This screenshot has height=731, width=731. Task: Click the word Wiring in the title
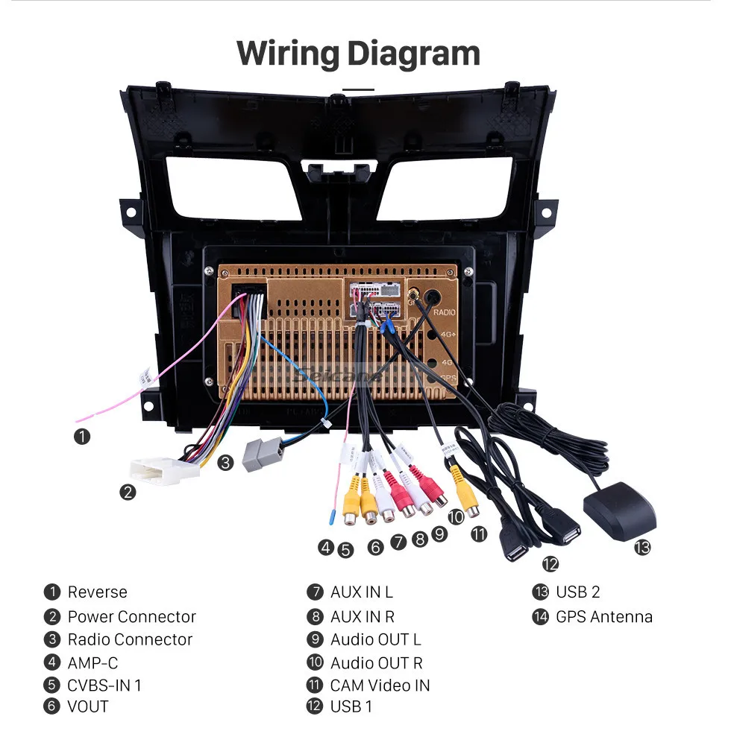(x=287, y=54)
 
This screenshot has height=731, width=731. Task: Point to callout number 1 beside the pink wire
(x=82, y=436)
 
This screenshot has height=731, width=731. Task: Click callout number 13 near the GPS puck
(x=642, y=548)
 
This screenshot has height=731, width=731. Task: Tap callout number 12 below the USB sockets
(x=550, y=564)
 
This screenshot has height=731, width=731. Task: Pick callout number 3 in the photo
(x=226, y=463)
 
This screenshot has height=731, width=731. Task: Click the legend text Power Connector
(x=131, y=616)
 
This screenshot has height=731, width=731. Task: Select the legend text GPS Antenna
(x=603, y=616)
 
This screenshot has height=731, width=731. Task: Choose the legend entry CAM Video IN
(x=380, y=685)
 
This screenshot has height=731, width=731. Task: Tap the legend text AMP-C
(x=92, y=662)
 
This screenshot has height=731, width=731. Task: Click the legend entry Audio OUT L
(x=375, y=639)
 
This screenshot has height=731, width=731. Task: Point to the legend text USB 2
(x=577, y=592)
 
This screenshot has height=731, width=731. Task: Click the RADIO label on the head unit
(x=444, y=313)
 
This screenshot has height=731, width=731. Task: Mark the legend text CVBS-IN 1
(x=104, y=685)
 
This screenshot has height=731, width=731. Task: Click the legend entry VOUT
(x=87, y=706)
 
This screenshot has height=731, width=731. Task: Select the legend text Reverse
(x=97, y=592)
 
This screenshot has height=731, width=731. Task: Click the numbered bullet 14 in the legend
(x=540, y=616)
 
